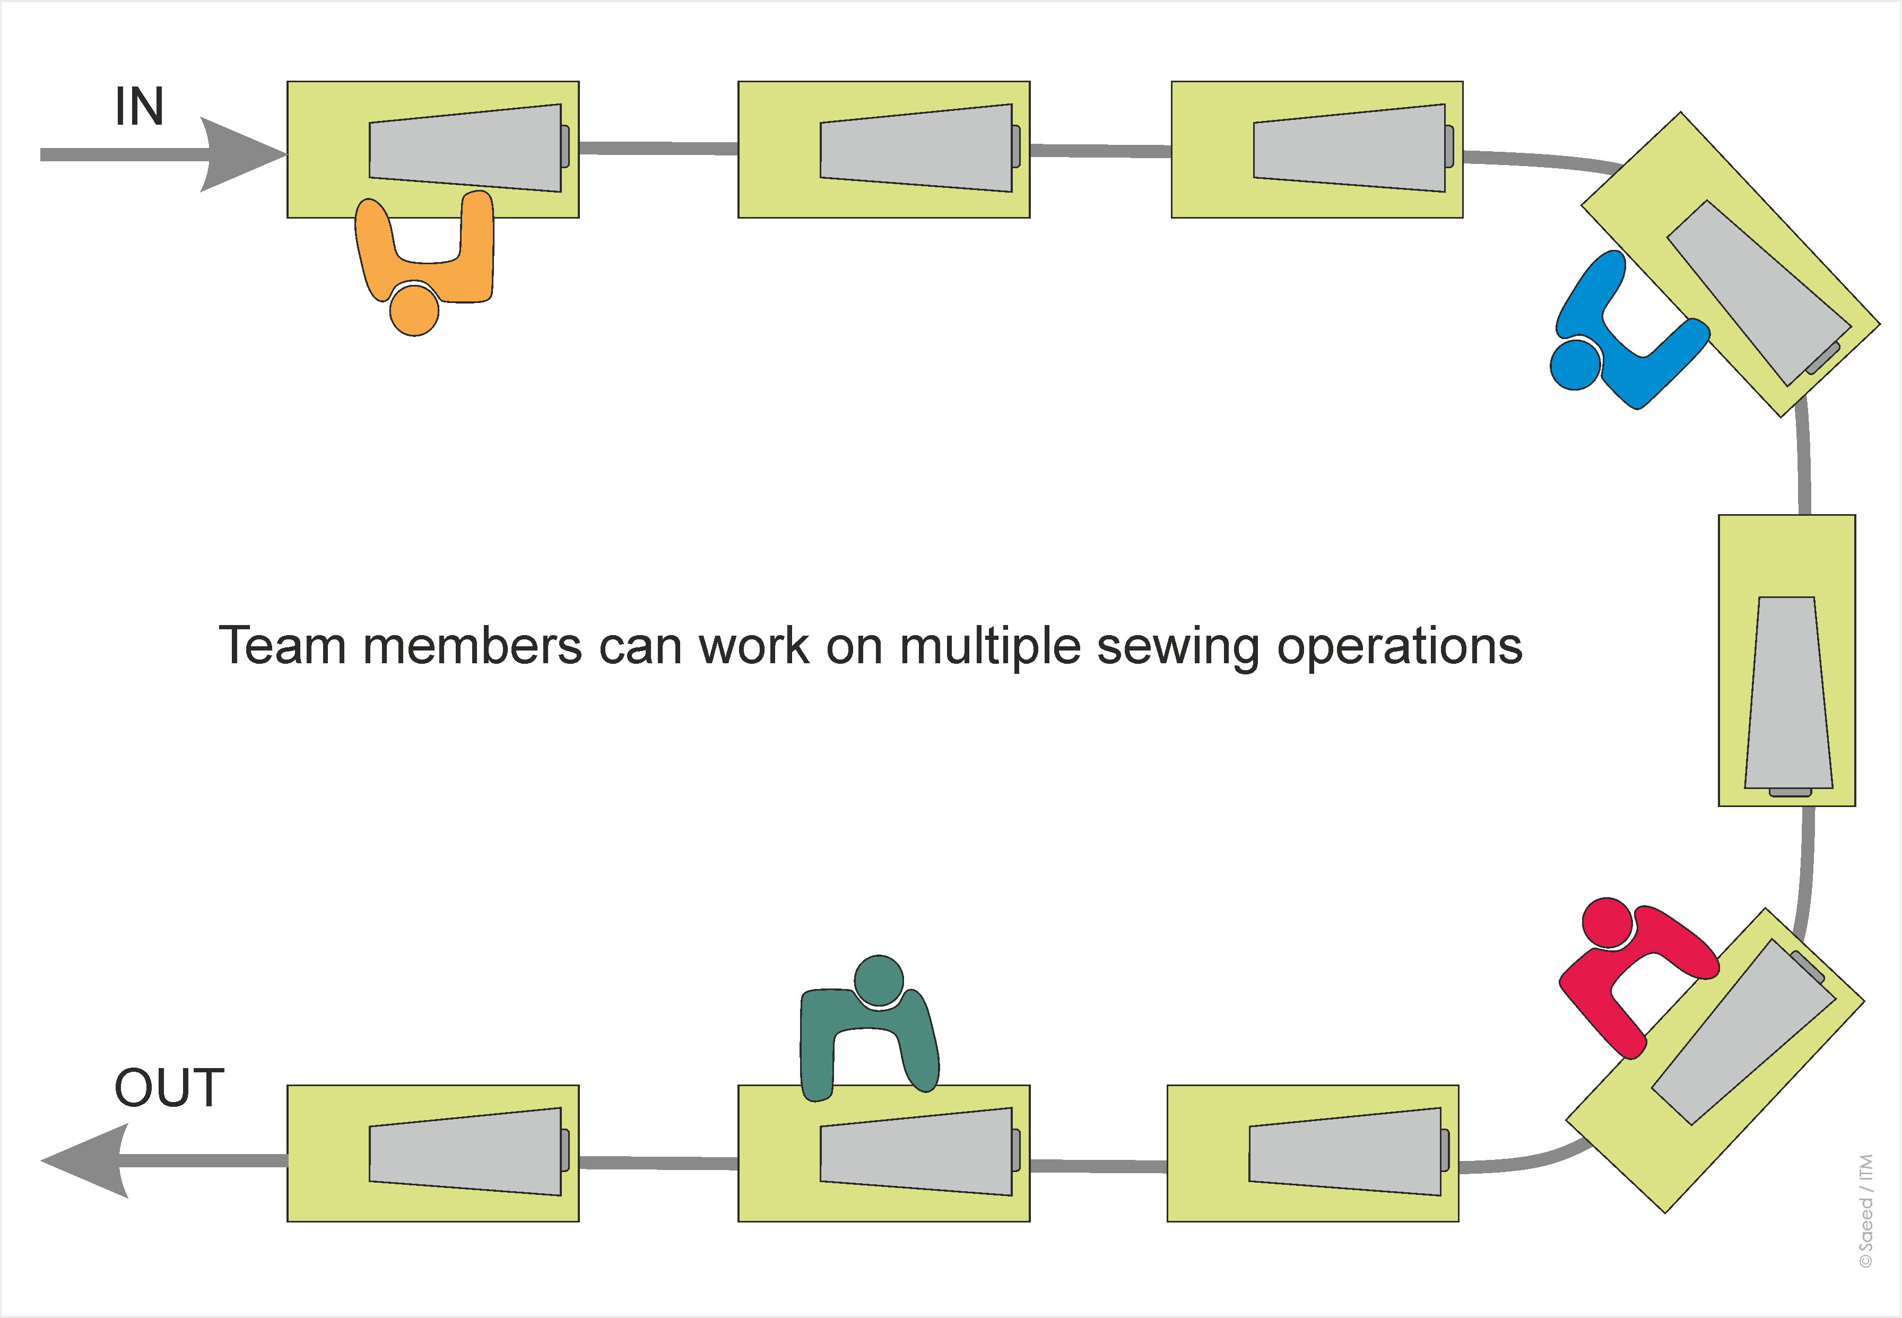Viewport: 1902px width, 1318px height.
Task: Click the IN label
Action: [x=138, y=107]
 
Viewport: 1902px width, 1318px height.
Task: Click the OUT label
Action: [x=169, y=1088]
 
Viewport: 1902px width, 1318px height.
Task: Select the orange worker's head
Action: [x=414, y=310]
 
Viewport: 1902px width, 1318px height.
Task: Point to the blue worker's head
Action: [x=1575, y=363]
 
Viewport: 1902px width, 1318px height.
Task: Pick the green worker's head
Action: [x=879, y=980]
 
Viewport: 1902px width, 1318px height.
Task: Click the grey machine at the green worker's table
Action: [x=916, y=1151]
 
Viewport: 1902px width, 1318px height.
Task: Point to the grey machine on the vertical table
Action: [x=1788, y=693]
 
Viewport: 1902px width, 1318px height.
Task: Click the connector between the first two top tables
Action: [x=658, y=149]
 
